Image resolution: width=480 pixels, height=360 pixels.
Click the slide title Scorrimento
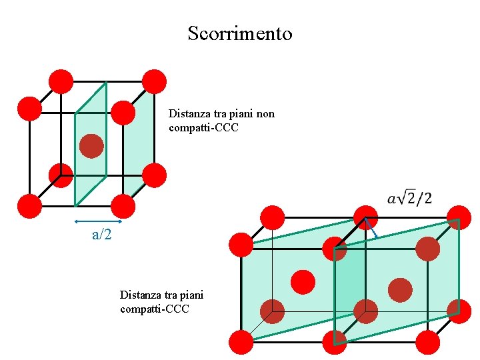240,33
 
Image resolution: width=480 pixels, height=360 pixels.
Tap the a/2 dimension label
101,234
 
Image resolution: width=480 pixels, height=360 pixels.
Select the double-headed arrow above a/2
98,221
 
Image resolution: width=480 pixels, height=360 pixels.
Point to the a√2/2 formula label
409,198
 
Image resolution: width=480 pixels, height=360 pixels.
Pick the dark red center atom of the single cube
91,146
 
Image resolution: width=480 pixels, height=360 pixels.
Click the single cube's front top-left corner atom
29,109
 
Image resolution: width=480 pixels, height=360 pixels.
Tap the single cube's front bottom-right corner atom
123,207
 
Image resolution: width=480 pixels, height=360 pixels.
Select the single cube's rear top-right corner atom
154,81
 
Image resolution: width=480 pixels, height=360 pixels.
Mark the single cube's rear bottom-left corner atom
61,175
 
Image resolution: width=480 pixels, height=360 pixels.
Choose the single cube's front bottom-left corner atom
29,207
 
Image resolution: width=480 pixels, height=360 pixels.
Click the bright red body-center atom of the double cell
303,281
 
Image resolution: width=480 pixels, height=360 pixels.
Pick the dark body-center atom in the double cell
400,290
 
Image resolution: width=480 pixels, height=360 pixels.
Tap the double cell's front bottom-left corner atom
241,343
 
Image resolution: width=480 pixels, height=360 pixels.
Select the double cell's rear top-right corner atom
459,218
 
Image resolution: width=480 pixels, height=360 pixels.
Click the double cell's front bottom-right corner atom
428,343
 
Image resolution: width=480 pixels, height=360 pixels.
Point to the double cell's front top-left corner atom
241,245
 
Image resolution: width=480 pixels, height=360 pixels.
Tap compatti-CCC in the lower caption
155,309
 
